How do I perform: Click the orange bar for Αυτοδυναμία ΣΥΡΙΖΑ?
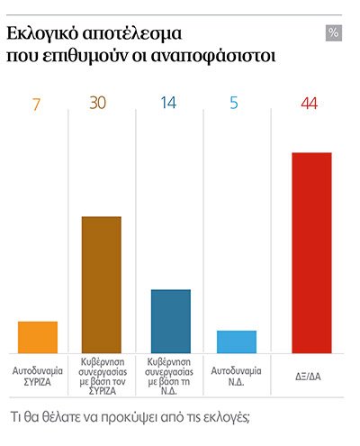(38, 337)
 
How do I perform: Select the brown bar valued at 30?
(102, 285)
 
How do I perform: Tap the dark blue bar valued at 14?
(170, 321)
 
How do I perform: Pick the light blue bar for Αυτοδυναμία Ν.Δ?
(237, 341)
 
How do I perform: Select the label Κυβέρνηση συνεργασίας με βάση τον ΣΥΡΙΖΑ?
(102, 381)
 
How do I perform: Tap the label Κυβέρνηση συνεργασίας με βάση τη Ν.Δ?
(170, 381)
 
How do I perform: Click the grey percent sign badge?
(334, 33)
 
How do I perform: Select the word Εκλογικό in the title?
(41, 35)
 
